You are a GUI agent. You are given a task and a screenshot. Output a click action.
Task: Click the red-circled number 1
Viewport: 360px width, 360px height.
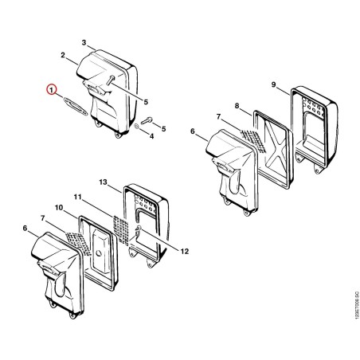click(51, 89)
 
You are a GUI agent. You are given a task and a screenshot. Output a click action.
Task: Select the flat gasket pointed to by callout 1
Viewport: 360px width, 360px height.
click(76, 107)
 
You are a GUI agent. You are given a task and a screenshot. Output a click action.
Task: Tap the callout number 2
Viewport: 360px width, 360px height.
click(63, 55)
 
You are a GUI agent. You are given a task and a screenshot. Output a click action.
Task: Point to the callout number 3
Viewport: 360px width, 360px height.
click(84, 42)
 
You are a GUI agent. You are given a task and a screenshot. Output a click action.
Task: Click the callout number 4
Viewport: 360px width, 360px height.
click(151, 136)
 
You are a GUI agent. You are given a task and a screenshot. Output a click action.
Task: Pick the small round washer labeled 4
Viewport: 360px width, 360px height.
click(136, 127)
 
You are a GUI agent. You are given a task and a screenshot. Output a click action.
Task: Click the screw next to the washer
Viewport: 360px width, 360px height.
click(147, 121)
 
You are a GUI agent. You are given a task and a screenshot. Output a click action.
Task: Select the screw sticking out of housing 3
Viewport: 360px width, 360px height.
click(110, 80)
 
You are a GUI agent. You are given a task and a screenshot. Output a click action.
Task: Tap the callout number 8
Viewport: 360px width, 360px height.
click(237, 106)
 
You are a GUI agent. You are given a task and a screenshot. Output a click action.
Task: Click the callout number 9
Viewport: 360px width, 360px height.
click(274, 84)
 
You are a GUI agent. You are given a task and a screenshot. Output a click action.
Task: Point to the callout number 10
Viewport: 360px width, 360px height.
click(59, 208)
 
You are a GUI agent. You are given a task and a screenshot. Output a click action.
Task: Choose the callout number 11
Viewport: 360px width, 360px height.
click(78, 197)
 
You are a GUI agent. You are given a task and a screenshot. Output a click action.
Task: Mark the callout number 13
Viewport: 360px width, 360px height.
click(103, 182)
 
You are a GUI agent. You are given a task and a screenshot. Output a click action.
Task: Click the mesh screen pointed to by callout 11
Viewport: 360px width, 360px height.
click(121, 230)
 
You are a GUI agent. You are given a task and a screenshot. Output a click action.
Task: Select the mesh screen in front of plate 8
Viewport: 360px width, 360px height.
click(253, 140)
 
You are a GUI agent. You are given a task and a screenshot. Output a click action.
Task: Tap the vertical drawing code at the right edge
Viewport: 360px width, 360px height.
click(357, 305)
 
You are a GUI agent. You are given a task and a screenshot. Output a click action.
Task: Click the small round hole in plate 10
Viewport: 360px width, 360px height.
click(99, 253)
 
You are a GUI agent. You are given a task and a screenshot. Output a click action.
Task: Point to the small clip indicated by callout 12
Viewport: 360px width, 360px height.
click(139, 229)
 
